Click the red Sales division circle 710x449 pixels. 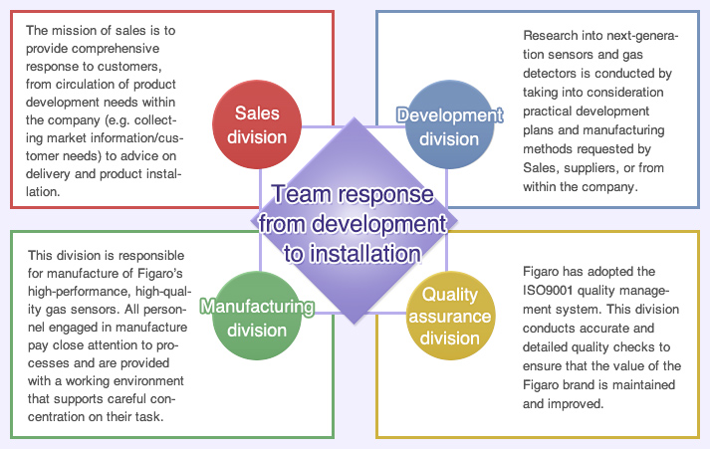(x=257, y=124)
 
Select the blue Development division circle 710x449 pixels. (x=449, y=124)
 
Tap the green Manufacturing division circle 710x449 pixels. (x=257, y=316)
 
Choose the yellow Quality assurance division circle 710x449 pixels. (x=450, y=316)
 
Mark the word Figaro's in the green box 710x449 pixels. (x=160, y=274)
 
